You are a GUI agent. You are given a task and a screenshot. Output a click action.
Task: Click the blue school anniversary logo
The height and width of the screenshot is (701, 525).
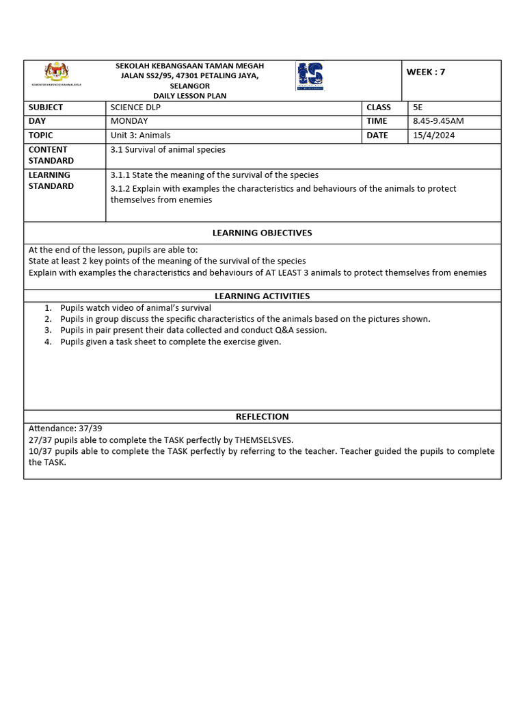[x=310, y=76]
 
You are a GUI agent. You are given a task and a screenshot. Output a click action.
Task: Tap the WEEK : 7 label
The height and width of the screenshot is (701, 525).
[x=425, y=72]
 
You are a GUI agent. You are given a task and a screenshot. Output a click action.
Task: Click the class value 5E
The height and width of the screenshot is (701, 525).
[x=418, y=107]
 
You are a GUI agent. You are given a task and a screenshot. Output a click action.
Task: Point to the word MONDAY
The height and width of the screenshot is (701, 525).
[x=129, y=121]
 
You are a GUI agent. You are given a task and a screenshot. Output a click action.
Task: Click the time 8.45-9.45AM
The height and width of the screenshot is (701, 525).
[x=438, y=121]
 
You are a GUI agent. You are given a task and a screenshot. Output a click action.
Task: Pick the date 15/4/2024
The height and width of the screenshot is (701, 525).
[x=433, y=136]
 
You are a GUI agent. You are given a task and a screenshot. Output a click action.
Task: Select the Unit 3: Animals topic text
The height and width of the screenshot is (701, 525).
[x=140, y=136]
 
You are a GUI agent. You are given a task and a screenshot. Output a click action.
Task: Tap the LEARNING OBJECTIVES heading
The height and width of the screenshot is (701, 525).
[x=262, y=233]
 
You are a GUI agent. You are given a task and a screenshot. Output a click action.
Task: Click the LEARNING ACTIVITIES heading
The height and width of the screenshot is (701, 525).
[x=262, y=296]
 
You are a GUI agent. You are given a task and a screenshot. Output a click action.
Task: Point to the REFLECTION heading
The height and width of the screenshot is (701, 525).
[x=262, y=416]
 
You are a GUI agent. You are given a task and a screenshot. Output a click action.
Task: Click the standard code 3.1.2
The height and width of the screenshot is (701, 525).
[x=120, y=189]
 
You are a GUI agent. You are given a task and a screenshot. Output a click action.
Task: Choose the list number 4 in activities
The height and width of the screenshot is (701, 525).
[x=49, y=342]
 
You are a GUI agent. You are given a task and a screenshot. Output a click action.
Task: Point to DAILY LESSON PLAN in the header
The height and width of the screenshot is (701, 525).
[x=189, y=96]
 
